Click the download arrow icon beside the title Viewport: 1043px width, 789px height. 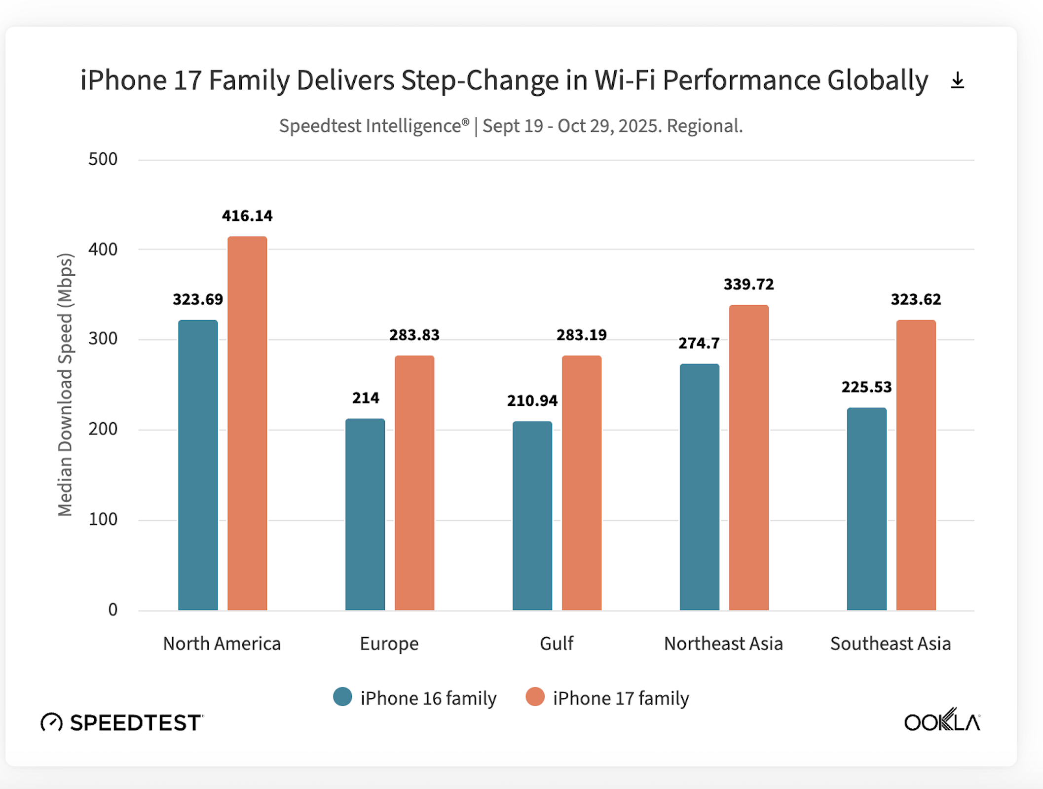tap(957, 80)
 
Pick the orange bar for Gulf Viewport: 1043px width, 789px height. tap(581, 483)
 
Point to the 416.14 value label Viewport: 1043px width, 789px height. tap(247, 216)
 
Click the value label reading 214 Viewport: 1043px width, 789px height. tap(366, 398)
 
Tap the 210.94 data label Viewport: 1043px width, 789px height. tap(532, 401)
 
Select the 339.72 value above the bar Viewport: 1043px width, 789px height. tap(748, 285)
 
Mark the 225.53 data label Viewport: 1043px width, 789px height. tap(866, 387)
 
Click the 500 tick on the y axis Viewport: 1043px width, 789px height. tap(103, 159)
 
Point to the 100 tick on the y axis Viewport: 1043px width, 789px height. tap(103, 519)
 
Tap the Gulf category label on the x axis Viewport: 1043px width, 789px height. tap(557, 644)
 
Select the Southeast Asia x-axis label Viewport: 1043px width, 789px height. tap(891, 644)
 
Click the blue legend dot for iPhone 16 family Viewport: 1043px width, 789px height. tap(342, 697)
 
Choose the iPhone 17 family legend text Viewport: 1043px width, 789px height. tap(621, 698)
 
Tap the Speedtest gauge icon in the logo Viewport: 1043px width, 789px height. tap(51, 722)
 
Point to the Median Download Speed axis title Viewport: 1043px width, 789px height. tap(65, 385)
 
